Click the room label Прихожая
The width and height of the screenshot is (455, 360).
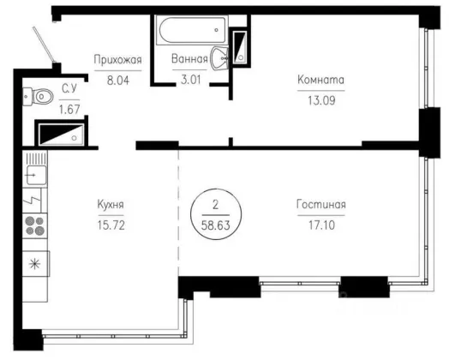tap(117, 60)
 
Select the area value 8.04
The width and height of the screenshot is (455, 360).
tap(118, 80)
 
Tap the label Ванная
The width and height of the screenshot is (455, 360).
tap(189, 59)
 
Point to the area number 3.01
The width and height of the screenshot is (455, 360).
tap(190, 79)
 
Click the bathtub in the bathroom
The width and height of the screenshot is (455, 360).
tap(192, 30)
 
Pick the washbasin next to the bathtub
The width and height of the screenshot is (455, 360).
tap(219, 58)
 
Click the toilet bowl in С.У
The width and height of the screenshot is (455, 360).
tap(39, 96)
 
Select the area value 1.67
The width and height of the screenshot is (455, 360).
tap(69, 110)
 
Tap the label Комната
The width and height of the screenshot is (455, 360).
tap(321, 80)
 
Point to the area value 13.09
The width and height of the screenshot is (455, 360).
tap(321, 100)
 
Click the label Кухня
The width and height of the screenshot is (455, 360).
tap(111, 205)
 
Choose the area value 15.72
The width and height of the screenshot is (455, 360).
tap(111, 225)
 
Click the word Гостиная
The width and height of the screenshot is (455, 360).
tap(321, 205)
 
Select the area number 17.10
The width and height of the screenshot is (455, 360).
tap(321, 225)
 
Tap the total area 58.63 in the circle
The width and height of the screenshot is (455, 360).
tap(216, 225)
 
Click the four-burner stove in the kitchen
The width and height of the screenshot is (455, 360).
tap(35, 226)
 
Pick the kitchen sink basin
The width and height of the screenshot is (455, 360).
tap(36, 175)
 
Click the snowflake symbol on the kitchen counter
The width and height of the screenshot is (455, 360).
tap(34, 264)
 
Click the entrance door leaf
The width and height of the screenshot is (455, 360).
tap(44, 45)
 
